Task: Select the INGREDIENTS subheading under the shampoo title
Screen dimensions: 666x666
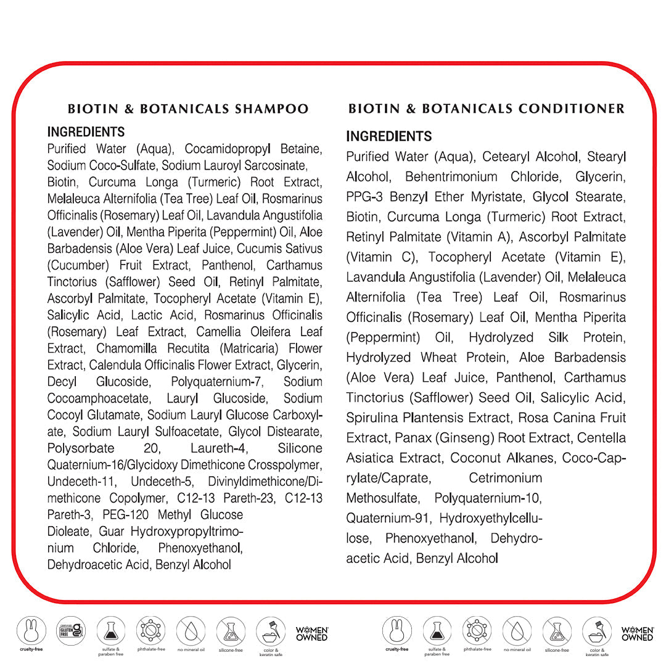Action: pyautogui.click(x=86, y=132)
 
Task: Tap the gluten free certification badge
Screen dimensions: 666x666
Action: pyautogui.click(x=71, y=631)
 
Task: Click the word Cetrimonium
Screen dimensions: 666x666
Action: pyautogui.click(x=505, y=478)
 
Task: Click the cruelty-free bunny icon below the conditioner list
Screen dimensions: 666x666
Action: pyautogui.click(x=397, y=631)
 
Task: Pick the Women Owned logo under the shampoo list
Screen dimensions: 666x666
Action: pyautogui.click(x=312, y=633)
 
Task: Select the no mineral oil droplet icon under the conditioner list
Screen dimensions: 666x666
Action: pyautogui.click(x=516, y=631)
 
